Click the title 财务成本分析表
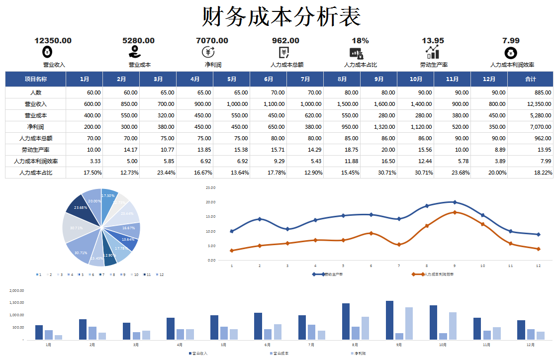[281, 17]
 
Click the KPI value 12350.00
[53, 41]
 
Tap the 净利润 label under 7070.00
[212, 65]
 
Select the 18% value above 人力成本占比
[360, 41]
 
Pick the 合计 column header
[530, 79]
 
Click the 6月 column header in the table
[269, 79]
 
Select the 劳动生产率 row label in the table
[35, 150]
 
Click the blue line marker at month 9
[455, 202]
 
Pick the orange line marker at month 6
[371, 233]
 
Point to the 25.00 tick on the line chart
[210, 187]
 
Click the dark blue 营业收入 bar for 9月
[389, 320]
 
